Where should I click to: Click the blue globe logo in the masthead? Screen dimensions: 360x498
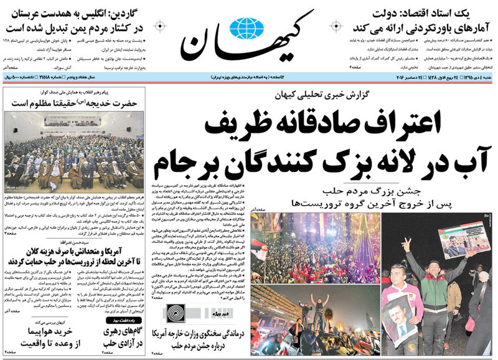click(x=247, y=29)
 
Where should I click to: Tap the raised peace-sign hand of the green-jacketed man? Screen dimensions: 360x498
click(x=406, y=244)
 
